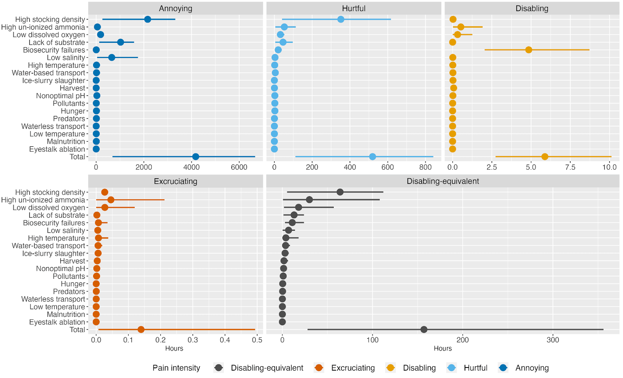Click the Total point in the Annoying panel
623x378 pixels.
pyautogui.click(x=195, y=156)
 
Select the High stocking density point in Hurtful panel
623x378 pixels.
pyautogui.click(x=341, y=19)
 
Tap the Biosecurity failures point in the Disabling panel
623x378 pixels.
pyautogui.click(x=528, y=50)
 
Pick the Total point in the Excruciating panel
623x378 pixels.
pyautogui.click(x=141, y=330)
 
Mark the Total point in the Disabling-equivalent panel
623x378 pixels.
pyautogui.click(x=424, y=330)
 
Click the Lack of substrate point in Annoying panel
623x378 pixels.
pyautogui.click(x=120, y=42)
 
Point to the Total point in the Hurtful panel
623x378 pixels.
pyautogui.click(x=372, y=156)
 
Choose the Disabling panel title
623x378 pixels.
pyautogui.click(x=531, y=9)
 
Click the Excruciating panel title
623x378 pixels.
pyautogui.click(x=176, y=181)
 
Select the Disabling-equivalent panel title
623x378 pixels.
pyautogui.click(x=443, y=181)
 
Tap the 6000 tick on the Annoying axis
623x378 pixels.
pyautogui.click(x=239, y=167)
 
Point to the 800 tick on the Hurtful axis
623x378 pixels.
pyautogui.click(x=425, y=167)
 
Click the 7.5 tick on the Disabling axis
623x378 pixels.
pyautogui.click(x=570, y=167)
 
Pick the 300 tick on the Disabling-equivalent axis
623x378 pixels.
pyautogui.click(x=553, y=340)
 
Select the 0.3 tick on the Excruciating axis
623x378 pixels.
pyautogui.click(x=193, y=340)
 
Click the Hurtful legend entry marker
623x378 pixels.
pyautogui.click(x=452, y=368)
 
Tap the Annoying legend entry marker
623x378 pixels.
pyautogui.click(x=503, y=368)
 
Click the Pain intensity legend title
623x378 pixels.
pyautogui.click(x=176, y=368)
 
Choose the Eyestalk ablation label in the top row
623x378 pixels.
pyautogui.click(x=57, y=149)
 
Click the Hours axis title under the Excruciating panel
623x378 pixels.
pyautogui.click(x=174, y=348)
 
